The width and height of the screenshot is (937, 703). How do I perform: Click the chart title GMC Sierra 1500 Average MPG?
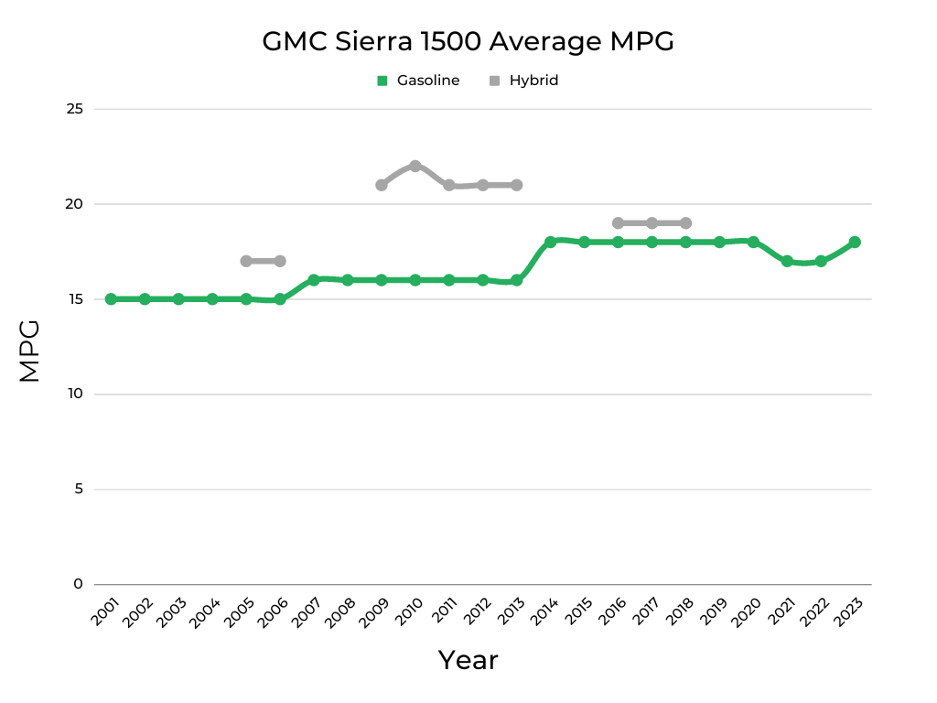[468, 42]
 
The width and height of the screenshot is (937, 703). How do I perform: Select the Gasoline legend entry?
[418, 81]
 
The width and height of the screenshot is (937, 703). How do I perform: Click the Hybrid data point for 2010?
[415, 166]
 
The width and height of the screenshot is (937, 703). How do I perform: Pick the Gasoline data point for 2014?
[551, 242]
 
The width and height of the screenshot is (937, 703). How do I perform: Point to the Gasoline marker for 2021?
[787, 261]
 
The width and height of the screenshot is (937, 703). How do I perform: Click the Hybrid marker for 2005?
[246, 261]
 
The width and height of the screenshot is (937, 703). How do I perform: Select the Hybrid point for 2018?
[685, 223]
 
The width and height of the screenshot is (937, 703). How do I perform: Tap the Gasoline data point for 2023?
[855, 242]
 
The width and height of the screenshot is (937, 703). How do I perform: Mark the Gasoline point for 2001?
[111, 299]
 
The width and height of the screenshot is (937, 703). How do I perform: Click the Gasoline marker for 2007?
[314, 280]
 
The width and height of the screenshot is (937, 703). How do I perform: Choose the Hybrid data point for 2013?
[517, 185]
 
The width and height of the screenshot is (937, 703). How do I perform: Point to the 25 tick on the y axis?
[75, 109]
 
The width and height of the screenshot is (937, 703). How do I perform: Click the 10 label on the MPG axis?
[75, 395]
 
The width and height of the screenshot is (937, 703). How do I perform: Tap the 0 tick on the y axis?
[79, 584]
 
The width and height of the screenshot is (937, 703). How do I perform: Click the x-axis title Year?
[468, 660]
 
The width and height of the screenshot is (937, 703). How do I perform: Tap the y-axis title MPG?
[30, 351]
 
